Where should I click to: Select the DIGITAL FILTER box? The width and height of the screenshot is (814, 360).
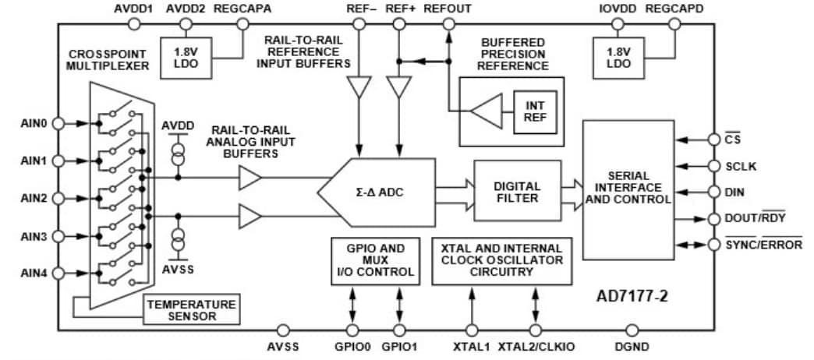(517, 192)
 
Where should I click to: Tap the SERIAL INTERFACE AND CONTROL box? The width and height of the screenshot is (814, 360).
(627, 189)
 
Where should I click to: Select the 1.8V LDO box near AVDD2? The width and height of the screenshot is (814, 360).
(184, 57)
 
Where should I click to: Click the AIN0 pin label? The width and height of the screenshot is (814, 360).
(34, 124)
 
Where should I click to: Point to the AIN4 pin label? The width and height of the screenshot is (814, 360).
(34, 274)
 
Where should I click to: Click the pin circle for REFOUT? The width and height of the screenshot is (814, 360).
(448, 24)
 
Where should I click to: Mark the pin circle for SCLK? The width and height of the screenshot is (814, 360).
(713, 166)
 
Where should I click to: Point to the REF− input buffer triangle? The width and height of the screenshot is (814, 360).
(359, 86)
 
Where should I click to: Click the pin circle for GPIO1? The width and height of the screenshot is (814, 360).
(400, 331)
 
